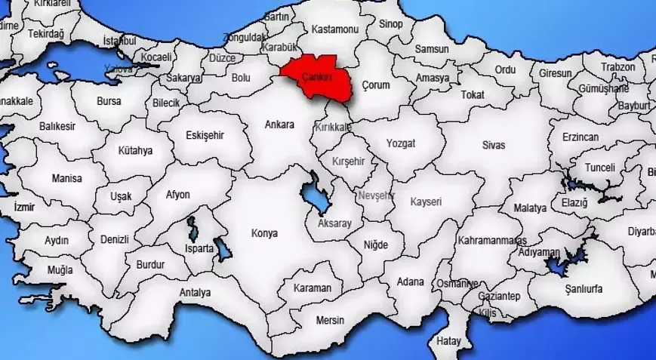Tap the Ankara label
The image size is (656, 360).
pos(279,125)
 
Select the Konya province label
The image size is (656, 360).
pos(264,233)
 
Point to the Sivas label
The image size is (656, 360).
pos(494,144)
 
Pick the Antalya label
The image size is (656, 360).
pos(196,292)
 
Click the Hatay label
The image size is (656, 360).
pos(448,341)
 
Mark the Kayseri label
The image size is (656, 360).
pos(426,202)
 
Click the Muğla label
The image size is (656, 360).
pos(60,269)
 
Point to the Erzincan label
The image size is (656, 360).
pos(580,137)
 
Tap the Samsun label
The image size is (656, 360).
pos(431,49)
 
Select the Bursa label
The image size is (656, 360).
pos(109,100)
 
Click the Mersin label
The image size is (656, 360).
pos(330,320)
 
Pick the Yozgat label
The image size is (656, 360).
pos(401,143)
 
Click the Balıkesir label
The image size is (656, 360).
pos(57,126)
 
